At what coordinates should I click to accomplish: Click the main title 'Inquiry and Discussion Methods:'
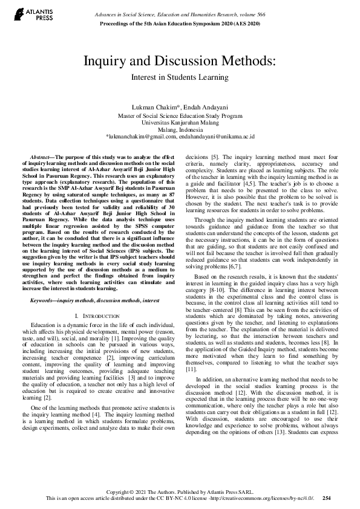click(x=180, y=61)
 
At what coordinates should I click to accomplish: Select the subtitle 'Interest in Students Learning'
click(x=180, y=77)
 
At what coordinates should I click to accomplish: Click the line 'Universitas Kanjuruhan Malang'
click(x=180, y=122)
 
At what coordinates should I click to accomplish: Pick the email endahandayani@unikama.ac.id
click(x=218, y=137)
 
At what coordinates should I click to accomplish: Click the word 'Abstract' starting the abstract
click(x=42, y=157)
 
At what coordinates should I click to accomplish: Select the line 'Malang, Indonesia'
click(x=180, y=129)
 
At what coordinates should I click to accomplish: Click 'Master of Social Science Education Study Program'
click(x=180, y=115)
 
